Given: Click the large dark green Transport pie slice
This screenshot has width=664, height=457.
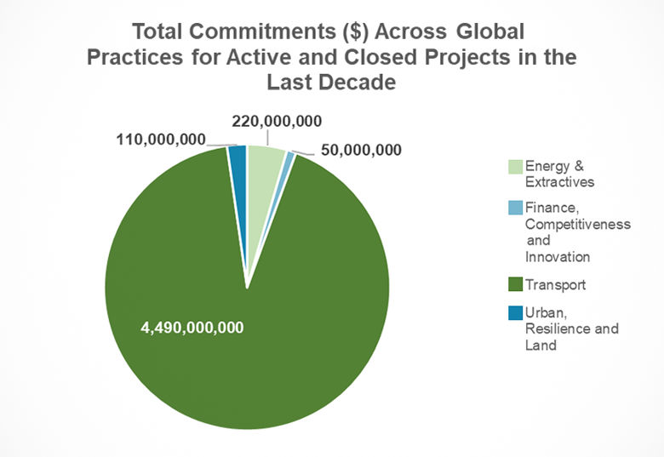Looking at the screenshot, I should [x=247, y=357].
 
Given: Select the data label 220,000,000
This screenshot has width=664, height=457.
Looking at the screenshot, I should [x=276, y=122].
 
